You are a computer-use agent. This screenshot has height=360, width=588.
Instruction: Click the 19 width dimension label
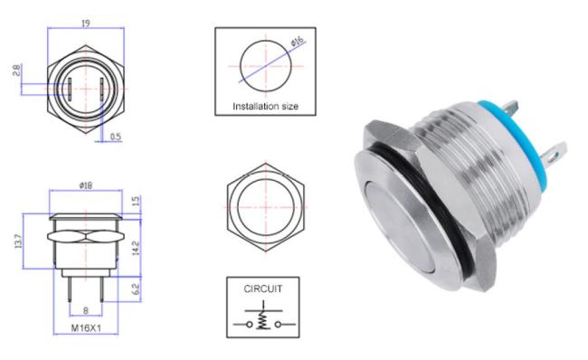pyautogui.click(x=86, y=24)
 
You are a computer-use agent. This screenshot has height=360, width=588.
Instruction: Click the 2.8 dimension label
pyautogui.click(x=16, y=71)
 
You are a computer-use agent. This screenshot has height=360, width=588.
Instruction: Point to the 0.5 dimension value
pyautogui.click(x=116, y=137)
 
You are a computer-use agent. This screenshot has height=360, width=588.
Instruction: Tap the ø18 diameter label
pyautogui.click(x=86, y=185)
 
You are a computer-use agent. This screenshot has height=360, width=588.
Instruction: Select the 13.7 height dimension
pyautogui.click(x=17, y=242)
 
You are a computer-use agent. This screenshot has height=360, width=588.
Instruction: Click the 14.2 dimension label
pyautogui.click(x=136, y=248)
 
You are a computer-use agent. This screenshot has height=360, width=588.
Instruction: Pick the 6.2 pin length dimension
pyautogui.click(x=136, y=289)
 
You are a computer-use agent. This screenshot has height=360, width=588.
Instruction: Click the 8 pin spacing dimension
pyautogui.click(x=86, y=310)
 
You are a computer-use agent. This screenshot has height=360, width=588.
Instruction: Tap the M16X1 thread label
pyautogui.click(x=86, y=328)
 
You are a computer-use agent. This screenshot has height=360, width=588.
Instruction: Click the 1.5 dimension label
pyautogui.click(x=136, y=201)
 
